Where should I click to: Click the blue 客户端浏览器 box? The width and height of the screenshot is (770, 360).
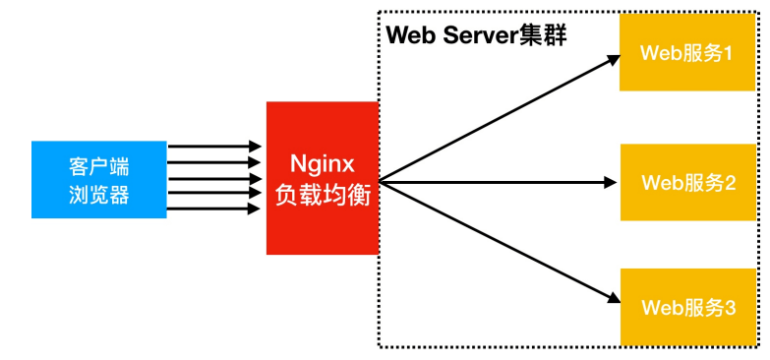(x=98, y=179)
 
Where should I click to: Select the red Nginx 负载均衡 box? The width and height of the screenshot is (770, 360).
(x=323, y=178)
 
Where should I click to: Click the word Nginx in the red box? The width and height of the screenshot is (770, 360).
(x=323, y=162)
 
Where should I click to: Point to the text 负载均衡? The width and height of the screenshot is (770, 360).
(x=323, y=195)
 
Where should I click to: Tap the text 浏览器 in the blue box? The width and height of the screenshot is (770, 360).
(x=98, y=195)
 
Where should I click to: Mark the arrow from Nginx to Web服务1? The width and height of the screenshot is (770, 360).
(x=497, y=119)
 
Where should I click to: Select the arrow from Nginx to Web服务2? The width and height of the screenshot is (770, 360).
(x=497, y=181)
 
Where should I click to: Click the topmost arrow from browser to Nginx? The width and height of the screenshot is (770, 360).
(x=214, y=147)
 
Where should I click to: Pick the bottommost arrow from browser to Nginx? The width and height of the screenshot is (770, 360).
(x=214, y=209)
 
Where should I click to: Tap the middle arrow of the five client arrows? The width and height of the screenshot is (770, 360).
(x=214, y=178)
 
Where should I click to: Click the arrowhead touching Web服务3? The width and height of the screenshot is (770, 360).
(x=612, y=298)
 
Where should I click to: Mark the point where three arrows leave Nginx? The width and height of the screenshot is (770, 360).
(x=382, y=181)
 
